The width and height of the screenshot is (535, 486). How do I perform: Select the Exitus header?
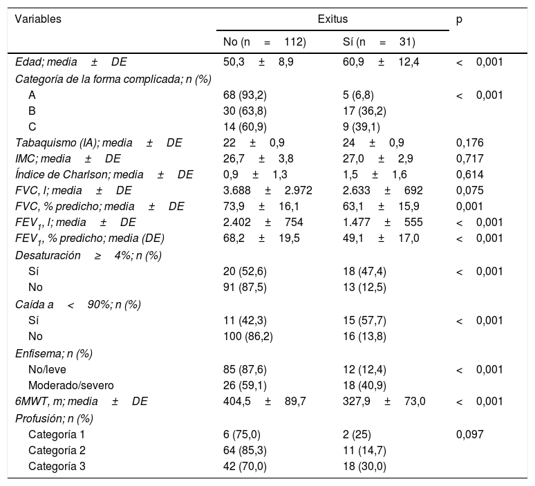tap(332, 19)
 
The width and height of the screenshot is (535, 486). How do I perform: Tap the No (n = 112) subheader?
tap(264, 42)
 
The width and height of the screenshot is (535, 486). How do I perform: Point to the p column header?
tap(460, 19)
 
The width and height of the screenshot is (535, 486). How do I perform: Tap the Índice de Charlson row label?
tap(104, 174)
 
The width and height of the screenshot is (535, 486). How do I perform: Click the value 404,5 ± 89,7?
tap(265, 402)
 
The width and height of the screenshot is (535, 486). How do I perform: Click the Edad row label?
tap(71, 62)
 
